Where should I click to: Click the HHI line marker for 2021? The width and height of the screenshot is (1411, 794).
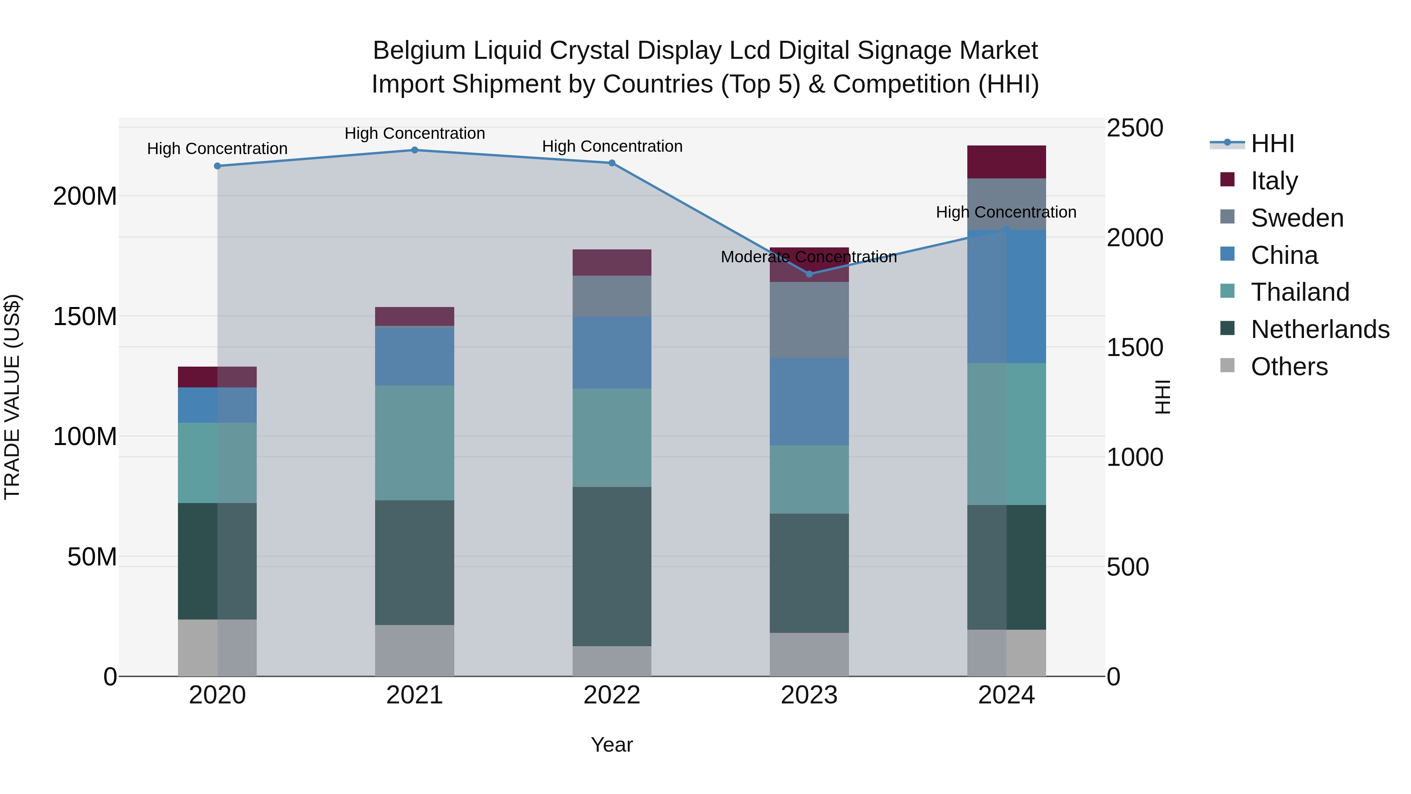click(x=415, y=150)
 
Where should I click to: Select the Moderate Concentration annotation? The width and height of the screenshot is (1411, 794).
click(x=809, y=257)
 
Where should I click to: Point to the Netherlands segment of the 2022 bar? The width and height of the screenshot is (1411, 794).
click(x=612, y=566)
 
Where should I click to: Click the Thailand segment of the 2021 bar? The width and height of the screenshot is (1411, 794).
click(x=415, y=443)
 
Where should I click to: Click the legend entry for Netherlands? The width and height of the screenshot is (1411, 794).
click(x=1320, y=329)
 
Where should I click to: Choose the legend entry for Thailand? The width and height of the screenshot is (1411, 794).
click(x=1300, y=292)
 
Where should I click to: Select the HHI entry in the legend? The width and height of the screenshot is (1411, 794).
click(x=1272, y=144)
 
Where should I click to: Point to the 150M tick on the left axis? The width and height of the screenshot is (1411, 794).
click(x=85, y=316)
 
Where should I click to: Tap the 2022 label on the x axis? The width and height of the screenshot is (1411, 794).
click(x=612, y=695)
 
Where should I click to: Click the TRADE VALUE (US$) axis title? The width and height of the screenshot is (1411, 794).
click(x=12, y=397)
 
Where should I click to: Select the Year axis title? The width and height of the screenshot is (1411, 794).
click(x=612, y=745)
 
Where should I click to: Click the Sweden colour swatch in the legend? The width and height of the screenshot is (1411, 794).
click(x=1228, y=217)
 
